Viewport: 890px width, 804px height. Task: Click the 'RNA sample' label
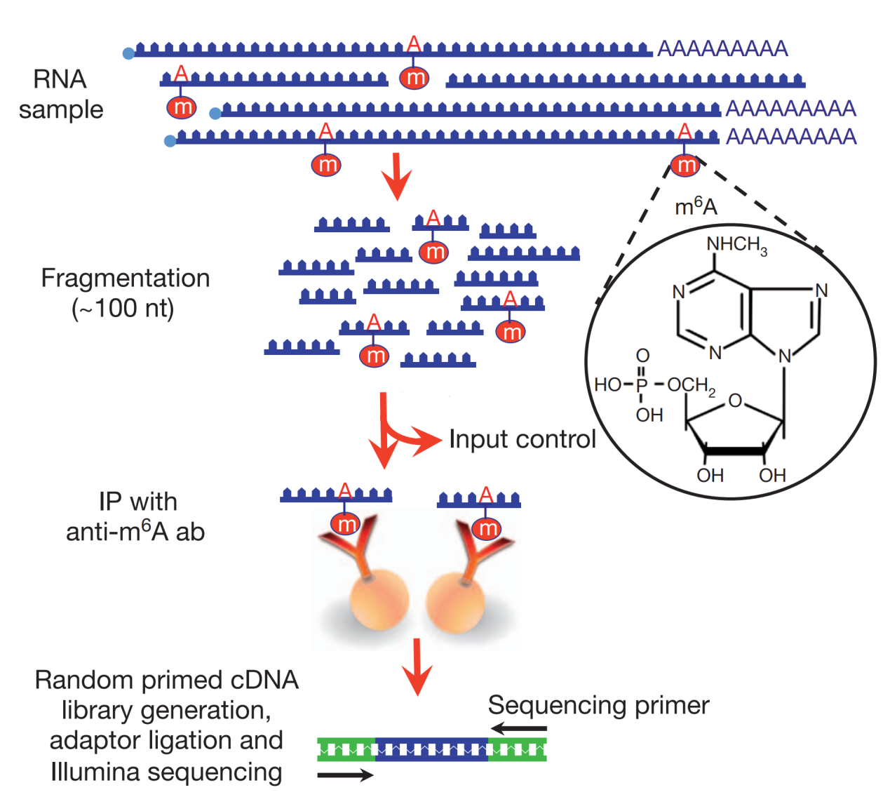click(x=60, y=95)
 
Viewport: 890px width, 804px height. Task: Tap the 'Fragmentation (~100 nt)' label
click(x=125, y=293)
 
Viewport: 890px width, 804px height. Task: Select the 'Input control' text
click(x=522, y=439)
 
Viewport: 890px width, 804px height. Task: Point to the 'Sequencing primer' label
click(x=598, y=705)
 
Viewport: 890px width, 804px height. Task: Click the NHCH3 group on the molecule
click(x=736, y=245)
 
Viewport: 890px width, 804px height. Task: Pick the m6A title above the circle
click(x=696, y=206)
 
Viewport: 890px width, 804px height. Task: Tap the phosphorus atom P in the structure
click(x=641, y=385)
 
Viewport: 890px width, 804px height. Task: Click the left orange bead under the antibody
click(x=378, y=600)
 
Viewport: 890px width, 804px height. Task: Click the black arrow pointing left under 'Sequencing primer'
click(x=518, y=729)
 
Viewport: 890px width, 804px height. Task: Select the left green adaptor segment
click(x=346, y=750)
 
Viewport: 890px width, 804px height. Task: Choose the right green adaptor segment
click(x=517, y=750)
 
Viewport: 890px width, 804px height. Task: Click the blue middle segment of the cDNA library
click(x=431, y=750)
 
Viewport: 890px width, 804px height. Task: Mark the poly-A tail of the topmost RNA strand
click(x=722, y=49)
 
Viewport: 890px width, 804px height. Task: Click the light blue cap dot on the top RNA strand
click(x=128, y=53)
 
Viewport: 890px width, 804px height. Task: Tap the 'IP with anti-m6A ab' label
click(x=135, y=517)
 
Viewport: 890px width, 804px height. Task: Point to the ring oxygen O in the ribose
click(x=734, y=401)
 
